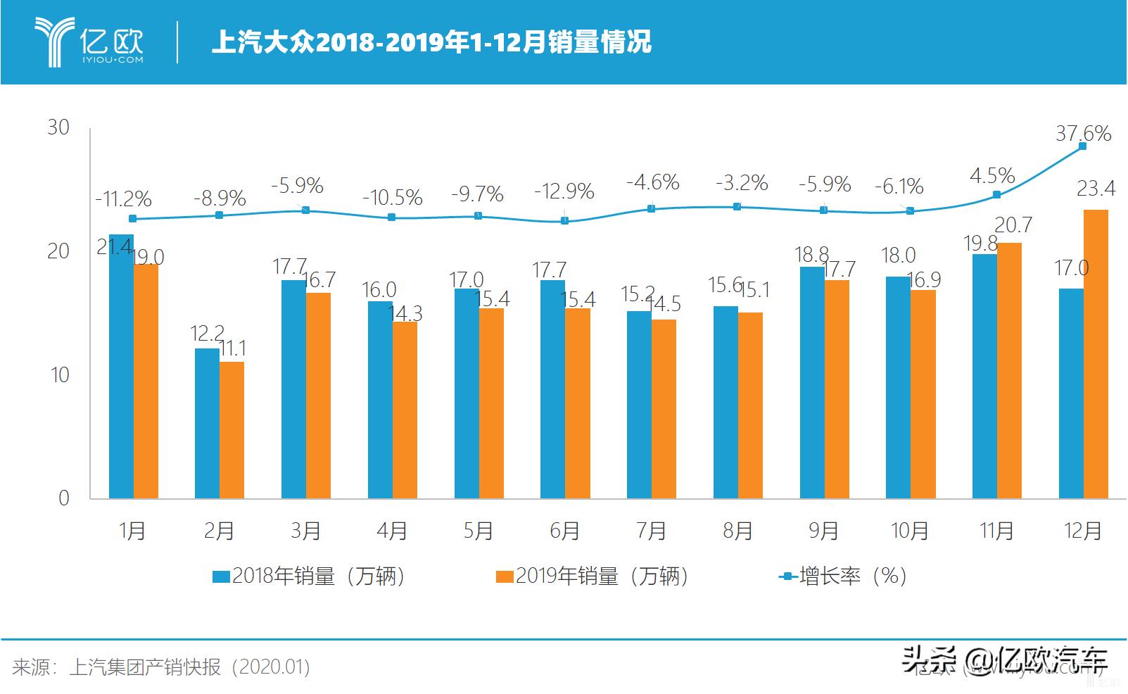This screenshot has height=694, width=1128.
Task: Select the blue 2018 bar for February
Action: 207,423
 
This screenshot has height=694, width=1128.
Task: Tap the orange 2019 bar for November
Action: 1009,371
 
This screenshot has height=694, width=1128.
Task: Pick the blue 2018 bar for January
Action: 121,366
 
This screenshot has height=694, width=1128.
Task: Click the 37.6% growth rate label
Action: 1083,133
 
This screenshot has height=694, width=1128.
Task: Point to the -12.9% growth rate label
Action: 564,191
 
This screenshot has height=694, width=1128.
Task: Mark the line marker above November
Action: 996,194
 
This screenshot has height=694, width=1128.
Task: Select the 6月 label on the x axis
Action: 564,530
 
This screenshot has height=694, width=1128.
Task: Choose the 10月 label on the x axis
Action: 910,530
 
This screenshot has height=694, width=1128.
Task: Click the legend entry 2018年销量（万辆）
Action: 310,576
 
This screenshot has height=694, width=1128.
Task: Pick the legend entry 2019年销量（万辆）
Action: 592,576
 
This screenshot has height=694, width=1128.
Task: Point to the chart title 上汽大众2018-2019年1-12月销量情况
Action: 431,42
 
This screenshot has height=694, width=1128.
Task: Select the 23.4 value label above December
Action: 1096,189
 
